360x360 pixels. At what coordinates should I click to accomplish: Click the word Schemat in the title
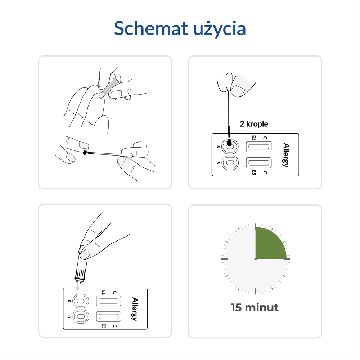click(150, 28)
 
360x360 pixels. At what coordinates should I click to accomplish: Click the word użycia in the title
click(220, 29)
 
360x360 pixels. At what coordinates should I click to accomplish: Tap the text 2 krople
click(254, 124)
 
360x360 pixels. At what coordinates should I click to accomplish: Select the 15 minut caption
click(255, 307)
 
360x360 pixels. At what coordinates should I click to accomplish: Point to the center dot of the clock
click(256, 259)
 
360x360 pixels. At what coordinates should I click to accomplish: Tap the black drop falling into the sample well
click(229, 143)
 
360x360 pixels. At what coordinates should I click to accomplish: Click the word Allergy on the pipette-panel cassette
click(286, 155)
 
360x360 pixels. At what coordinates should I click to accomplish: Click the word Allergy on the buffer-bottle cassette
click(135, 309)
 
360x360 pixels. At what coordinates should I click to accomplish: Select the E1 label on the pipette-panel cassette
click(253, 138)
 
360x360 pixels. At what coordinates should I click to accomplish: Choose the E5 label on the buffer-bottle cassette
click(104, 326)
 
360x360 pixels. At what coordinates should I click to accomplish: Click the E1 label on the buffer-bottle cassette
click(104, 292)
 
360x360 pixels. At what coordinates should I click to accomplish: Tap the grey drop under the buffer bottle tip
click(78, 288)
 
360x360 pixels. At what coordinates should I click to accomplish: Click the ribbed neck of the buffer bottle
click(81, 273)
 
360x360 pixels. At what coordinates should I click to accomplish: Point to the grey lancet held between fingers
click(108, 88)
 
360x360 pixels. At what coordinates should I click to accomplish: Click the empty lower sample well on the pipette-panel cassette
click(230, 163)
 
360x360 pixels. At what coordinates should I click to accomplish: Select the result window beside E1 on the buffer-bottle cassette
click(108, 301)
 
